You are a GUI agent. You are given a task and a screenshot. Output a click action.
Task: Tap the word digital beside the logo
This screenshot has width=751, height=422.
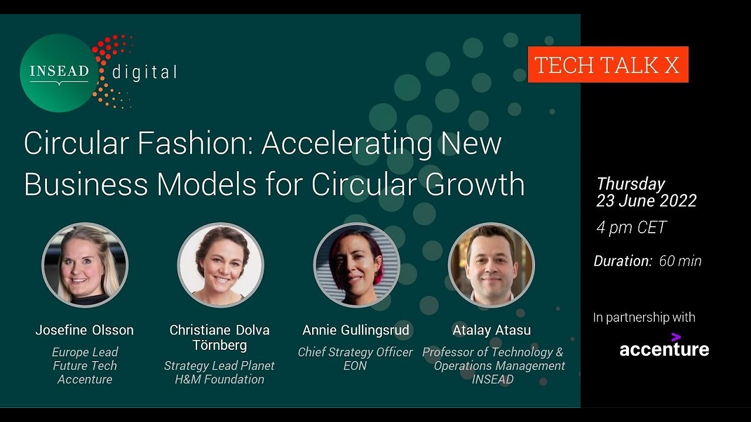coord(144,73)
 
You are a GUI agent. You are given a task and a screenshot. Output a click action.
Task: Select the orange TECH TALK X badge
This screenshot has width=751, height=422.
coord(608,64)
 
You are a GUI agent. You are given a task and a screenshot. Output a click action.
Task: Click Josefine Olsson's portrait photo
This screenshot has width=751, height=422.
coord(85,266)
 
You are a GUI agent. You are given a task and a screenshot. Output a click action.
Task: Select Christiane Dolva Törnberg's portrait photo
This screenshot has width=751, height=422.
coord(220,266)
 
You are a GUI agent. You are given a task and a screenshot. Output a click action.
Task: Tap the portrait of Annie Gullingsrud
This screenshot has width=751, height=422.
coord(356,266)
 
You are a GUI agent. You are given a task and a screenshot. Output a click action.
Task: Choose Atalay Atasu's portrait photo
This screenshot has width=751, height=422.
coord(491,266)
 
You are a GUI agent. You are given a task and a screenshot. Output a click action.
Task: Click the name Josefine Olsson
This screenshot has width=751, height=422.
coord(84,330)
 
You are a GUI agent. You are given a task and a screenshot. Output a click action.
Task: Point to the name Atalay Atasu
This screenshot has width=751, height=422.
coord(492,330)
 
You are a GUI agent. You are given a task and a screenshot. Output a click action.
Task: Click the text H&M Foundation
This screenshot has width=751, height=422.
coord(219,379)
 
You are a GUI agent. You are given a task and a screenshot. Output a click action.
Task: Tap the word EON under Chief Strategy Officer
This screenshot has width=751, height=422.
coord(355,366)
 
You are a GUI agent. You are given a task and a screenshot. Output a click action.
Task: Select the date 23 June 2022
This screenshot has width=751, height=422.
coord(646,201)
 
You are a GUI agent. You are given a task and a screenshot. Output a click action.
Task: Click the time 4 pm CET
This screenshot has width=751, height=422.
coord(631,227)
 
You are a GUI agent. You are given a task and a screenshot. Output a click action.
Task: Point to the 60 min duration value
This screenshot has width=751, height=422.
coord(680,261)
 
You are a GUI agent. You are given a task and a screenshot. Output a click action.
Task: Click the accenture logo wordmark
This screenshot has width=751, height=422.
coord(664,350)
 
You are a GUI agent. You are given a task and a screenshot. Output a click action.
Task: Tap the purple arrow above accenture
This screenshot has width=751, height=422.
coord(676,336)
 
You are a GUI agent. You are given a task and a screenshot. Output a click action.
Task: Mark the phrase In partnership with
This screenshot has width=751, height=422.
coord(644,317)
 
